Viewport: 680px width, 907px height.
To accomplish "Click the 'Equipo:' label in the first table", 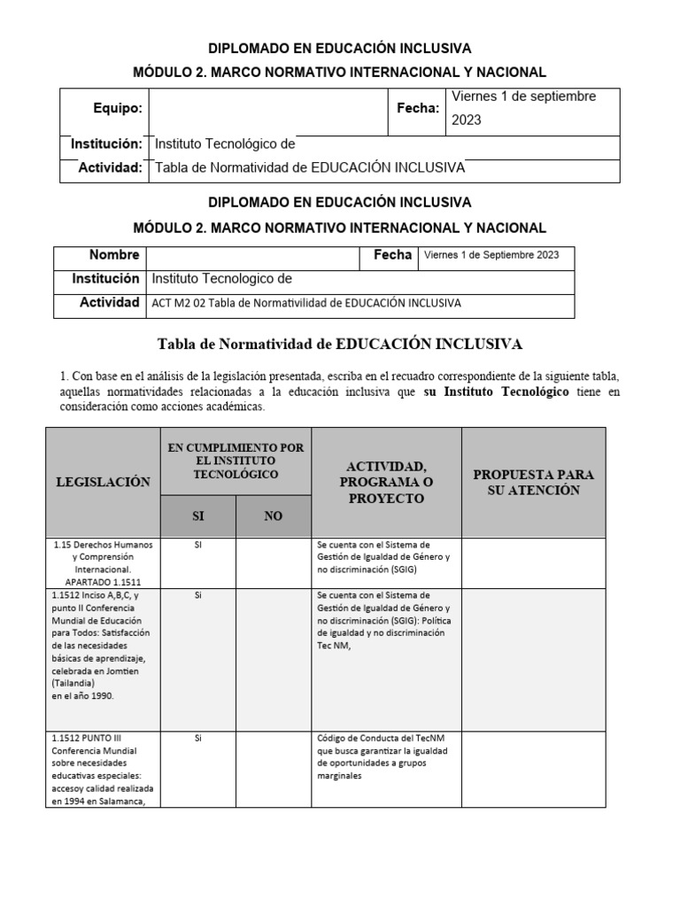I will coord(118,108).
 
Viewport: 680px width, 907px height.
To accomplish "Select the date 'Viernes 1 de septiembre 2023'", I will coord(523,108).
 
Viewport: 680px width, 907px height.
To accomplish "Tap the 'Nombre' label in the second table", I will coord(114,255).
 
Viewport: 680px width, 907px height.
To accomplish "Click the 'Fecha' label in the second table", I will coord(392,255).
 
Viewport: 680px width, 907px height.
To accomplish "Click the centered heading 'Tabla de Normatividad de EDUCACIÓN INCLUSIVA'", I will coord(340,343).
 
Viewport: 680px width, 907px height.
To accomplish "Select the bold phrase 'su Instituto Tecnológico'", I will coord(506,391).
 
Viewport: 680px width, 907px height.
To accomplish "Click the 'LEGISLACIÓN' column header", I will coord(103,482).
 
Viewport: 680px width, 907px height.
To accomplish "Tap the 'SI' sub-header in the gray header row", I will coord(197,516).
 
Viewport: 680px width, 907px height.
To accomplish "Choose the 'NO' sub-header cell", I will coord(274,516).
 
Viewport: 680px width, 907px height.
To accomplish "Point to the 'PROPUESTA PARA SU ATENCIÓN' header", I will coord(533,482).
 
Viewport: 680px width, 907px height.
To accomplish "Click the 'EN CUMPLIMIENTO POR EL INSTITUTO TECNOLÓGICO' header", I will coord(236,461).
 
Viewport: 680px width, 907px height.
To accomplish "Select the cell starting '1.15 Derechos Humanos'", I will coord(103,563).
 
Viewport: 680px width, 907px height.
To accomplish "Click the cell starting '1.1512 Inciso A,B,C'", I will coord(103,646).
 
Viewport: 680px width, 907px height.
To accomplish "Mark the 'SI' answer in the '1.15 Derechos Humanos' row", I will coord(197,546).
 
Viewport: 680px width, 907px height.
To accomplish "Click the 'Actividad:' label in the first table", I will coord(110,168).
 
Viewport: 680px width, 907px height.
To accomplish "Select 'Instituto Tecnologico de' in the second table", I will coord(222,279).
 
